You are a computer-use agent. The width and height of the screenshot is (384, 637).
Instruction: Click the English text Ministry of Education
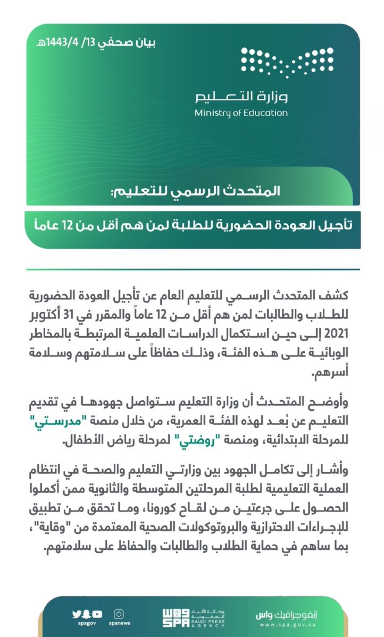(x=241, y=113)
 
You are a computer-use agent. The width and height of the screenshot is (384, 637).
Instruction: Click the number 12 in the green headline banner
(x=67, y=225)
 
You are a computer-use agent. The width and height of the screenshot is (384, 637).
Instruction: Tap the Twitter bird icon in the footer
(x=76, y=614)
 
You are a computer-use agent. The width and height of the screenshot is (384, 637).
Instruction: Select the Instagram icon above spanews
(x=119, y=614)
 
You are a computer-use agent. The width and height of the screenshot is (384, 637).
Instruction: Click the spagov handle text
(x=87, y=623)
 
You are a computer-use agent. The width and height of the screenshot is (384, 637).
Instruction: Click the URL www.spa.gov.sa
(x=287, y=624)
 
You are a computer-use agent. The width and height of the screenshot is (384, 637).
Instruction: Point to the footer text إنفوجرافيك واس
(x=287, y=615)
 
